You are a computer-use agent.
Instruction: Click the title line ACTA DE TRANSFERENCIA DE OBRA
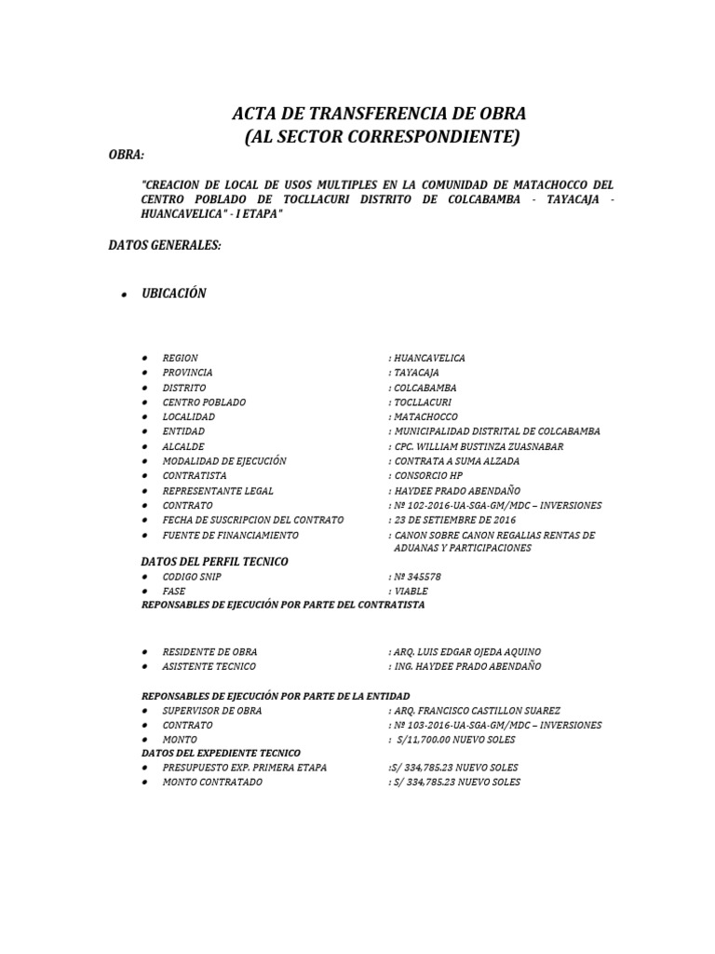[x=379, y=115]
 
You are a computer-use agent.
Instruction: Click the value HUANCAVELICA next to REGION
[x=429, y=358]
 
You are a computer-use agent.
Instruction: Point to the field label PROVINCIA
[x=187, y=373]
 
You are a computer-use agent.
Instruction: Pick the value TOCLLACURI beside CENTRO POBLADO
[x=423, y=402]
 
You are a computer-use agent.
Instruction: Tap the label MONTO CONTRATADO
[x=212, y=782]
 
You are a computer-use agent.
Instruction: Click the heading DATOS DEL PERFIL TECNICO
[x=214, y=562]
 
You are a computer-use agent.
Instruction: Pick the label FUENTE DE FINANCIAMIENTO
[x=230, y=535]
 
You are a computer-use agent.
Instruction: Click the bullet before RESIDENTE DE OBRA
[x=145, y=652]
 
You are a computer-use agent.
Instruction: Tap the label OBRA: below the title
[x=127, y=155]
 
